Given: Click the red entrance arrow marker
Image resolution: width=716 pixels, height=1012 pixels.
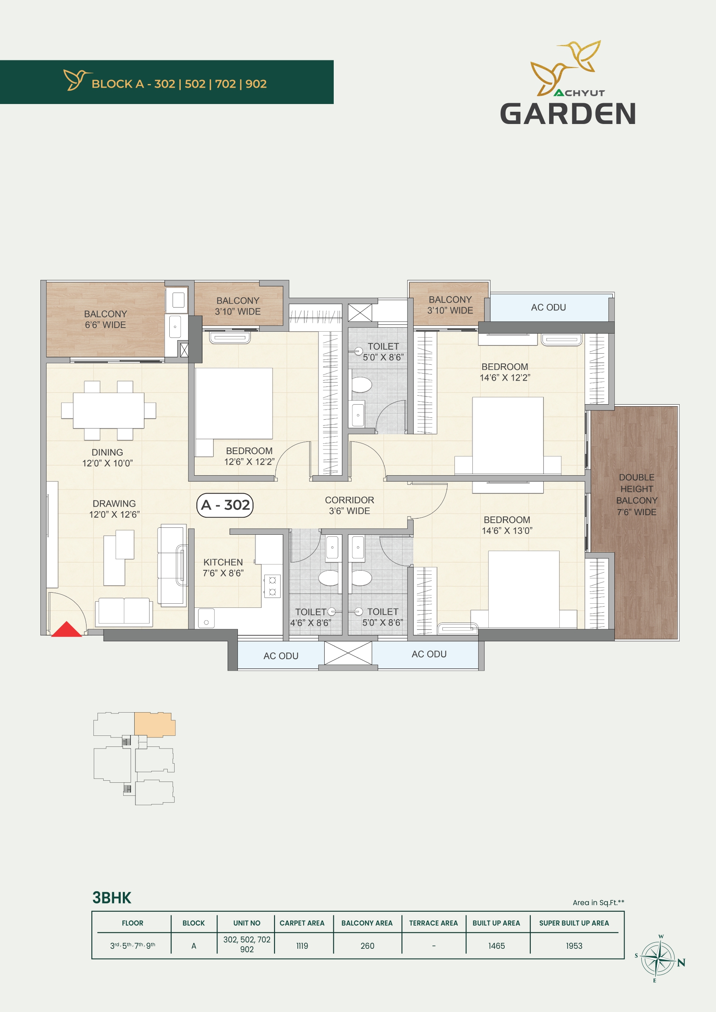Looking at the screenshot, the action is click(x=67, y=629).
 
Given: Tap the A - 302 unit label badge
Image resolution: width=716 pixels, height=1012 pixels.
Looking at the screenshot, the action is click(x=225, y=505).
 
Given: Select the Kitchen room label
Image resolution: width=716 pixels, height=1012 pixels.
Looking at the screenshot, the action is click(x=223, y=568).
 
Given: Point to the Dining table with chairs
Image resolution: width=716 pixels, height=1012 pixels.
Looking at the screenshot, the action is click(x=109, y=410).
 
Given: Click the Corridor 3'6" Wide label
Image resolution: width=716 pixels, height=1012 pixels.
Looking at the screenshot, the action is click(x=350, y=505).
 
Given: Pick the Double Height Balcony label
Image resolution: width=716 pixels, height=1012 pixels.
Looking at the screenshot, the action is click(x=636, y=494).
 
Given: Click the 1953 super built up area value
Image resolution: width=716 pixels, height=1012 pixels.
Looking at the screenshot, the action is click(x=574, y=946).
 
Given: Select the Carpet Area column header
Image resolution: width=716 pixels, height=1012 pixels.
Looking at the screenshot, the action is click(x=302, y=923).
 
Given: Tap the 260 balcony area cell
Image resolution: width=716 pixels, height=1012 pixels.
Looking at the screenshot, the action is click(x=367, y=946).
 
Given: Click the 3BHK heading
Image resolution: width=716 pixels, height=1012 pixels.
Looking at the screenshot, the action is click(x=112, y=898).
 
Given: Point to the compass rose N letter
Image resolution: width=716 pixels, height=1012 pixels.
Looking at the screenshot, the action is click(x=681, y=963).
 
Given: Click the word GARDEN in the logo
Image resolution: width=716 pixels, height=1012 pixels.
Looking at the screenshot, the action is click(x=568, y=114).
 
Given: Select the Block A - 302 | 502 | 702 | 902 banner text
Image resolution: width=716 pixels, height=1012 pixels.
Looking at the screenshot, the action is click(x=179, y=84).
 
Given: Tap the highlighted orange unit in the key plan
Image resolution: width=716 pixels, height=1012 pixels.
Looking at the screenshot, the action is click(x=154, y=724).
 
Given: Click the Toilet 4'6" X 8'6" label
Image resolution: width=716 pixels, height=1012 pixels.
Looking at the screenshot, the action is click(x=310, y=618).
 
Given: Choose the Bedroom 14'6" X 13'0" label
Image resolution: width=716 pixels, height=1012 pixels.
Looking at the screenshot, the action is click(x=507, y=525).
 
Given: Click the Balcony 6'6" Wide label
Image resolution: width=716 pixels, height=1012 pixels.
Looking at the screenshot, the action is click(x=105, y=319).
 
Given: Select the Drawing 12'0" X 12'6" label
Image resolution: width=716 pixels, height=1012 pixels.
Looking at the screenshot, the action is click(x=114, y=509).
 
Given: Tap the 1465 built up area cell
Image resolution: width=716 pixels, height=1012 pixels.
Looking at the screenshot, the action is click(x=497, y=946).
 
